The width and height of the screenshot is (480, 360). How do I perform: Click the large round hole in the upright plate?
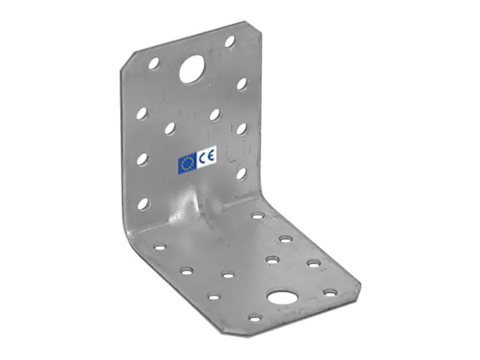pyautogui.click(x=192, y=69)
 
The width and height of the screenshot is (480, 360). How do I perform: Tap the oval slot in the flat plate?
pyautogui.click(x=282, y=296)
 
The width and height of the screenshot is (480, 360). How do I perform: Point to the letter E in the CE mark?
pyautogui.click(x=210, y=156)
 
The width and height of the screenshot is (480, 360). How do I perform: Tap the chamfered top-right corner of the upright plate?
pyautogui.click(x=253, y=27)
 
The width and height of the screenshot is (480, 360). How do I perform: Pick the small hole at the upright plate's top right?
pyautogui.click(x=230, y=41)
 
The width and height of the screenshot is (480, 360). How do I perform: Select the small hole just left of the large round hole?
pyautogui.click(x=154, y=63)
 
